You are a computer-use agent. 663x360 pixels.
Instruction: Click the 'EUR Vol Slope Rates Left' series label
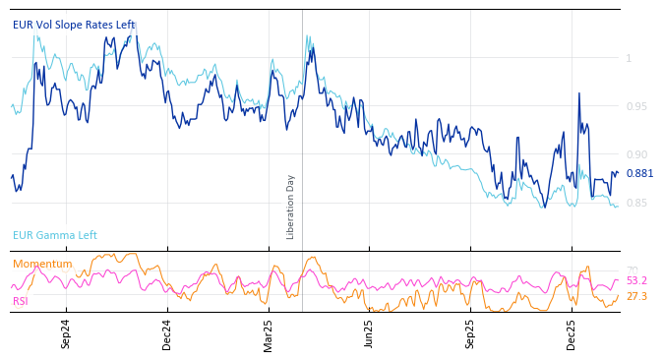point(74,25)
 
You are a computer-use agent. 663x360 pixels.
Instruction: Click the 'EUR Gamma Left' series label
point(55,235)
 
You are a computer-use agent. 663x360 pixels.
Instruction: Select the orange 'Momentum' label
point(42,264)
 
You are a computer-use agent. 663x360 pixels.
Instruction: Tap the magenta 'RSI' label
point(21,301)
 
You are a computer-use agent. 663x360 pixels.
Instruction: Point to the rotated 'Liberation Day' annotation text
point(290,207)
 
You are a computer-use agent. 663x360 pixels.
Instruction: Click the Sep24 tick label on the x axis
point(66,334)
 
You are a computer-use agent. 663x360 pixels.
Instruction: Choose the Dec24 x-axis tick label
point(166,334)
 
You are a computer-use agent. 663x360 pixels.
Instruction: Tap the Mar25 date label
point(268,334)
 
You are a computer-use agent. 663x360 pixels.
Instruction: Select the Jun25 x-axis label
point(369,334)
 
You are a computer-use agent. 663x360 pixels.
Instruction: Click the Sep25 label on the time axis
point(470,334)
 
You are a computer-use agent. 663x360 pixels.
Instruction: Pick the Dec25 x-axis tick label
point(572,334)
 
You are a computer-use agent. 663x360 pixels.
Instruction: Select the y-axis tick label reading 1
point(629,58)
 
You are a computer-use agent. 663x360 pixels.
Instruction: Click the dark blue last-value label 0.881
point(639,173)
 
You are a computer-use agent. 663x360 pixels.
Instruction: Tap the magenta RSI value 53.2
point(636,280)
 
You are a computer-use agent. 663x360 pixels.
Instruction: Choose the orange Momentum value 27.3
point(636,296)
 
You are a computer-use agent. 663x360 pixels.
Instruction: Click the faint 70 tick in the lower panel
point(632,270)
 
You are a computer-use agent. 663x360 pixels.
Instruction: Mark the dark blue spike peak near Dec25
point(578,93)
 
